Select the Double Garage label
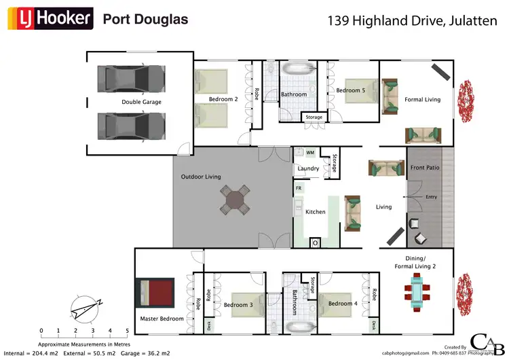(141, 102)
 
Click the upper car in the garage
(131, 78)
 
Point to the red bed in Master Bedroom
(157, 293)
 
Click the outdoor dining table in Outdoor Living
(234, 201)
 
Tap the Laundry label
(308, 168)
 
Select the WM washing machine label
(310, 153)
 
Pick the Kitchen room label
(316, 212)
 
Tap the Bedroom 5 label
(350, 90)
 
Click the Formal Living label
(422, 99)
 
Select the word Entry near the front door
(432, 197)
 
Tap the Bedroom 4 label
(342, 304)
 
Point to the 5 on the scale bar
(128, 331)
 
